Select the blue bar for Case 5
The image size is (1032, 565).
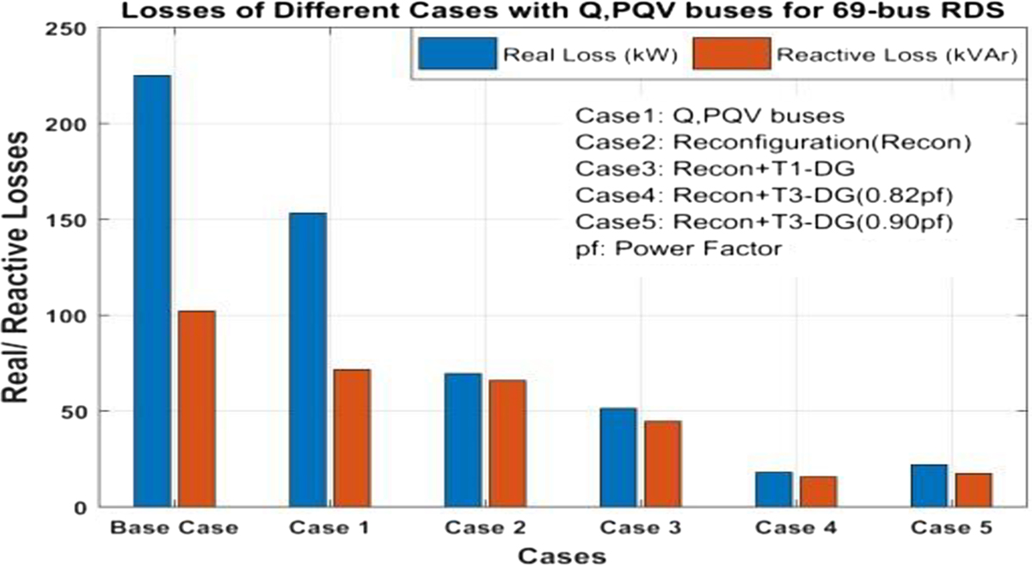click(x=927, y=485)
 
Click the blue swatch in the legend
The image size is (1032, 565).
click(x=458, y=53)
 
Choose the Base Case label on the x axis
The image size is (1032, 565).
click(x=174, y=527)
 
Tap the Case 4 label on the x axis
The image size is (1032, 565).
click(x=795, y=527)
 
